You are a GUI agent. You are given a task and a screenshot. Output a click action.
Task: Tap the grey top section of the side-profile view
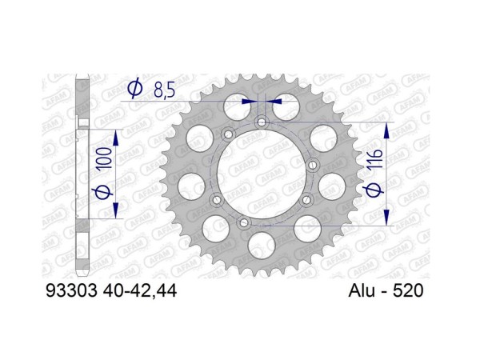(82, 92)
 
